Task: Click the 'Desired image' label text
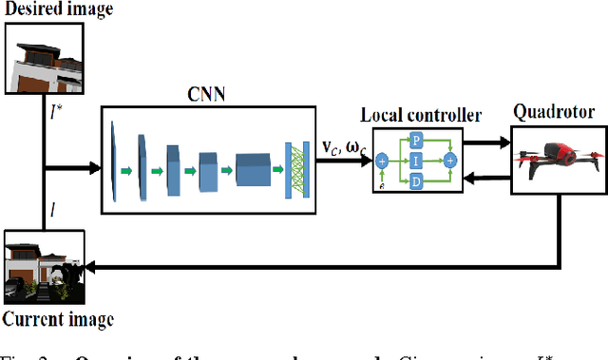click(58, 9)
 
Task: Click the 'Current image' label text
click(58, 319)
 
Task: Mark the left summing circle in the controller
click(382, 160)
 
